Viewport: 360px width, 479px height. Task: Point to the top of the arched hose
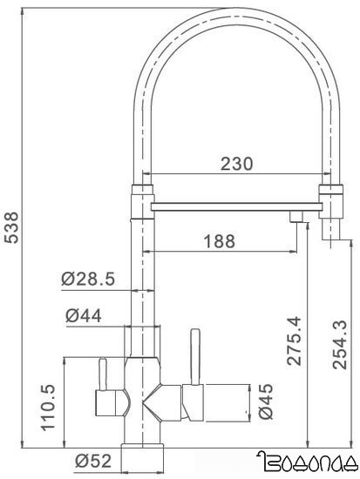pos(234,19)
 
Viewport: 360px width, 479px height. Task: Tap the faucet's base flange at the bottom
pos(144,455)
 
